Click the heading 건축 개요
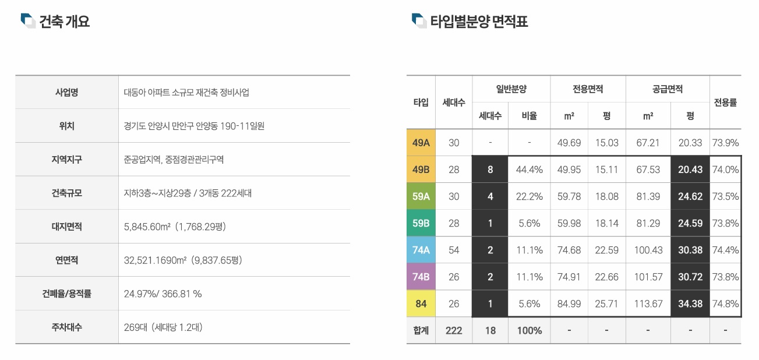click(x=64, y=22)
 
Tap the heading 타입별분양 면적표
click(x=479, y=22)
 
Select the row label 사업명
click(x=66, y=92)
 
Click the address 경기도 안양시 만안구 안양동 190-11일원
click(x=194, y=126)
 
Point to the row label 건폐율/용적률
click(x=66, y=294)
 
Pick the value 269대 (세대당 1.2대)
click(x=163, y=327)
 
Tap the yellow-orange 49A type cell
click(x=421, y=143)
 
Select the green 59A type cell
click(x=421, y=196)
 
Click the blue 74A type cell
click(x=421, y=250)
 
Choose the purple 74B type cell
click(x=421, y=277)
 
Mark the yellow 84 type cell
click(x=421, y=303)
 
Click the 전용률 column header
click(x=725, y=103)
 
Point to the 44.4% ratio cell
click(x=529, y=170)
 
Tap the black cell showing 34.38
click(x=690, y=303)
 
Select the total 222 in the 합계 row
click(x=453, y=330)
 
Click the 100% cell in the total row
click(x=529, y=330)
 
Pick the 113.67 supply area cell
click(x=648, y=303)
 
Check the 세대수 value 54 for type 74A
click(x=453, y=250)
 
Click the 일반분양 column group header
click(x=511, y=89)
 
